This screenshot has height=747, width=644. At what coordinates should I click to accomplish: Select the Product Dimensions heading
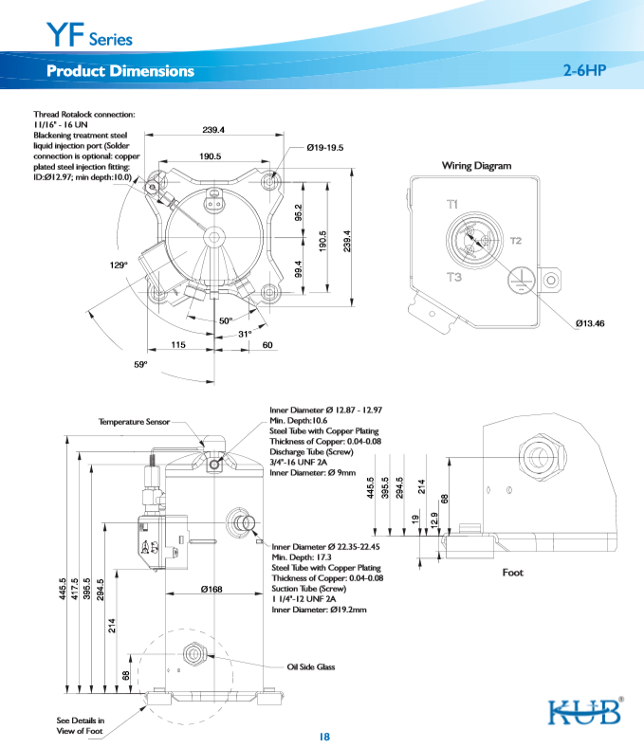pyautogui.click(x=120, y=71)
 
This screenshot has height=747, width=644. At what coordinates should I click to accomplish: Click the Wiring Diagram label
pyautogui.click(x=476, y=166)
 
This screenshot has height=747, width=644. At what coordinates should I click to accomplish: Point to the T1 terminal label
pyautogui.click(x=453, y=205)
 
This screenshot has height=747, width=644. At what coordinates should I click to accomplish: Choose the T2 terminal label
pyautogui.click(x=516, y=241)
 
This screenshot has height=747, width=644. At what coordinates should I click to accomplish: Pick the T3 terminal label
pyautogui.click(x=453, y=277)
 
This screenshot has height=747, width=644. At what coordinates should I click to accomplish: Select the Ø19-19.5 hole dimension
pyautogui.click(x=325, y=148)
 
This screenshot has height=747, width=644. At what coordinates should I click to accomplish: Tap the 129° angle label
pyautogui.click(x=119, y=265)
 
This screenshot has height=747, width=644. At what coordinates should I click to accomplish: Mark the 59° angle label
pyautogui.click(x=140, y=364)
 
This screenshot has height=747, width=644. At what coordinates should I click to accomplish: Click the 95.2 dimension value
pyautogui.click(x=298, y=214)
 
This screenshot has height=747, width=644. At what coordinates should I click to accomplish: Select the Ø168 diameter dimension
pyautogui.click(x=211, y=590)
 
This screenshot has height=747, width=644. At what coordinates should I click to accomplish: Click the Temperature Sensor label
pyautogui.click(x=134, y=421)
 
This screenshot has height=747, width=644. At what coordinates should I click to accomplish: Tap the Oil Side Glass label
pyautogui.click(x=311, y=667)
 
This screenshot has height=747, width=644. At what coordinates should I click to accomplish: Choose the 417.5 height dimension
pyautogui.click(x=75, y=591)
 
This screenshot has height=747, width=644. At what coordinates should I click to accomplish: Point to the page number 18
pyautogui.click(x=323, y=737)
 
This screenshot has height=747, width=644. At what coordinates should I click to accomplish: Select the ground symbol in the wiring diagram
pyautogui.click(x=517, y=276)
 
